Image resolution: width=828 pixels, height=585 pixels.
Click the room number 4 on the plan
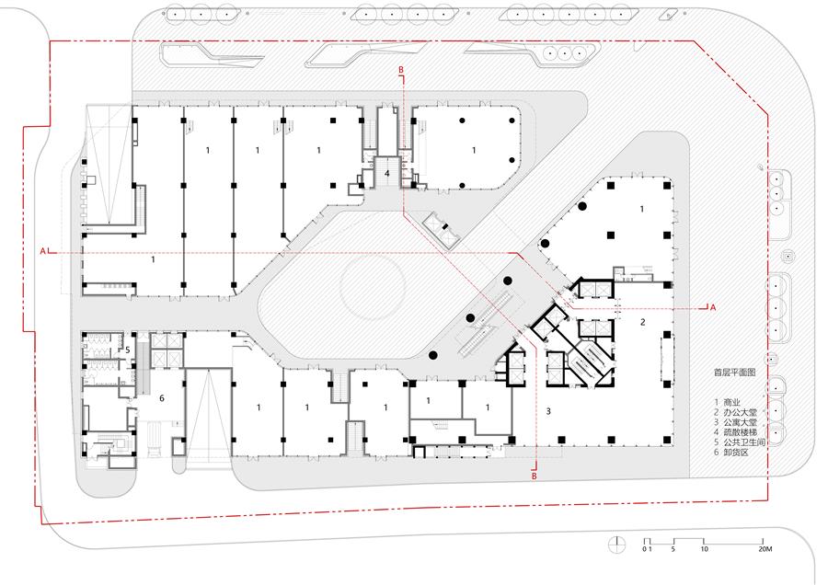[387, 173]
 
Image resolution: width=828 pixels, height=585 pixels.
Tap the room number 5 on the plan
[128, 350]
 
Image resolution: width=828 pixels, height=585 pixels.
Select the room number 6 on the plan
[162, 398]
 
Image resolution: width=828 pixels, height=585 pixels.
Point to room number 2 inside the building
[643, 322]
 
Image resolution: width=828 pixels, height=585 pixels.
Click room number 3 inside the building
[548, 411]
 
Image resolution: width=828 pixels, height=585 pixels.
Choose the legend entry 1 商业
[727, 402]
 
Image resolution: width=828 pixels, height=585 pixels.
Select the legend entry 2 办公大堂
[736, 412]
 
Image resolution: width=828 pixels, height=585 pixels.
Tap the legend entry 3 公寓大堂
[736, 422]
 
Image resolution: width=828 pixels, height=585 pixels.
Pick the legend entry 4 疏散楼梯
[736, 432]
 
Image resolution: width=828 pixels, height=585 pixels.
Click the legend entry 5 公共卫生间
[740, 442]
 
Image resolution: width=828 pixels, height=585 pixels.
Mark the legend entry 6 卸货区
[731, 453]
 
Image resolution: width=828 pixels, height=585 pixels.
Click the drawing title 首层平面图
[734, 373]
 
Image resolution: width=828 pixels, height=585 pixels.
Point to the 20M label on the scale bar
[765, 549]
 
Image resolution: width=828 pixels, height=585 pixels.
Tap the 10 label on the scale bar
[704, 549]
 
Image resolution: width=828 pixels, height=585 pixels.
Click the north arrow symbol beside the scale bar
[616, 544]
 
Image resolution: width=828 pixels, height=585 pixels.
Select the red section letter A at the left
[43, 251]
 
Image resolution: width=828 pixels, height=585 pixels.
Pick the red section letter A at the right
[713, 307]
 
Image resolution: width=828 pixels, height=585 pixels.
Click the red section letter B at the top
[401, 70]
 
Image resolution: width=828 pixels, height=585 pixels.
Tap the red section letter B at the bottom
[535, 476]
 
